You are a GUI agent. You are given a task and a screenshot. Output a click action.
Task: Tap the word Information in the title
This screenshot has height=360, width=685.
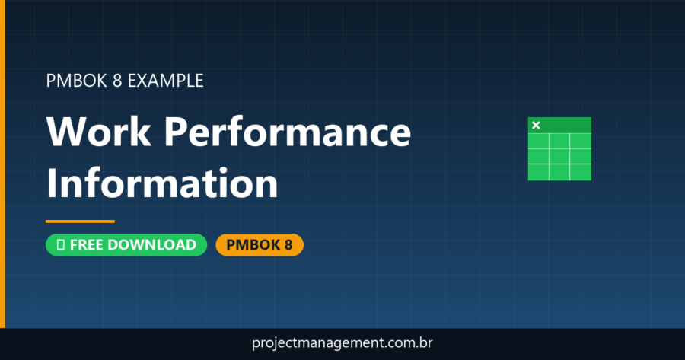[x=161, y=183]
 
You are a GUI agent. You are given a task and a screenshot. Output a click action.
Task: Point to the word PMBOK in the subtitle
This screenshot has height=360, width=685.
[x=73, y=80]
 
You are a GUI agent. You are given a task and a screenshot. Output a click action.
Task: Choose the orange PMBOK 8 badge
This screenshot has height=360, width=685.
[x=260, y=244]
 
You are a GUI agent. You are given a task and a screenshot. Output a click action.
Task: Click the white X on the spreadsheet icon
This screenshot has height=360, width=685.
[x=536, y=125]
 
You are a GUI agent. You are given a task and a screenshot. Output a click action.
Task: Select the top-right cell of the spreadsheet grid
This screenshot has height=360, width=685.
[x=580, y=141]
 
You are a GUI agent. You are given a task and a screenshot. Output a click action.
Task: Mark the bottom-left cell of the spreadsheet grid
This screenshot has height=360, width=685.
[x=538, y=172]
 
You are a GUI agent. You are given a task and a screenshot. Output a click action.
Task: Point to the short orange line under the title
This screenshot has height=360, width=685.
[x=80, y=221]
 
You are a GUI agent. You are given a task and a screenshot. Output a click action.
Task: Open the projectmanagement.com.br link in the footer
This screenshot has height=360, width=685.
[x=342, y=344]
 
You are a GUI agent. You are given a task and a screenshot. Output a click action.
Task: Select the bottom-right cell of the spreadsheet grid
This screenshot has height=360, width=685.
[x=580, y=172]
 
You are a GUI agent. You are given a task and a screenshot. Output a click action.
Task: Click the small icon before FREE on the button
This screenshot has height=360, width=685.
[x=60, y=244]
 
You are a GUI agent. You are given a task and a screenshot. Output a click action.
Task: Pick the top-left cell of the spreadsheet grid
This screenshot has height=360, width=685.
[x=538, y=141]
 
